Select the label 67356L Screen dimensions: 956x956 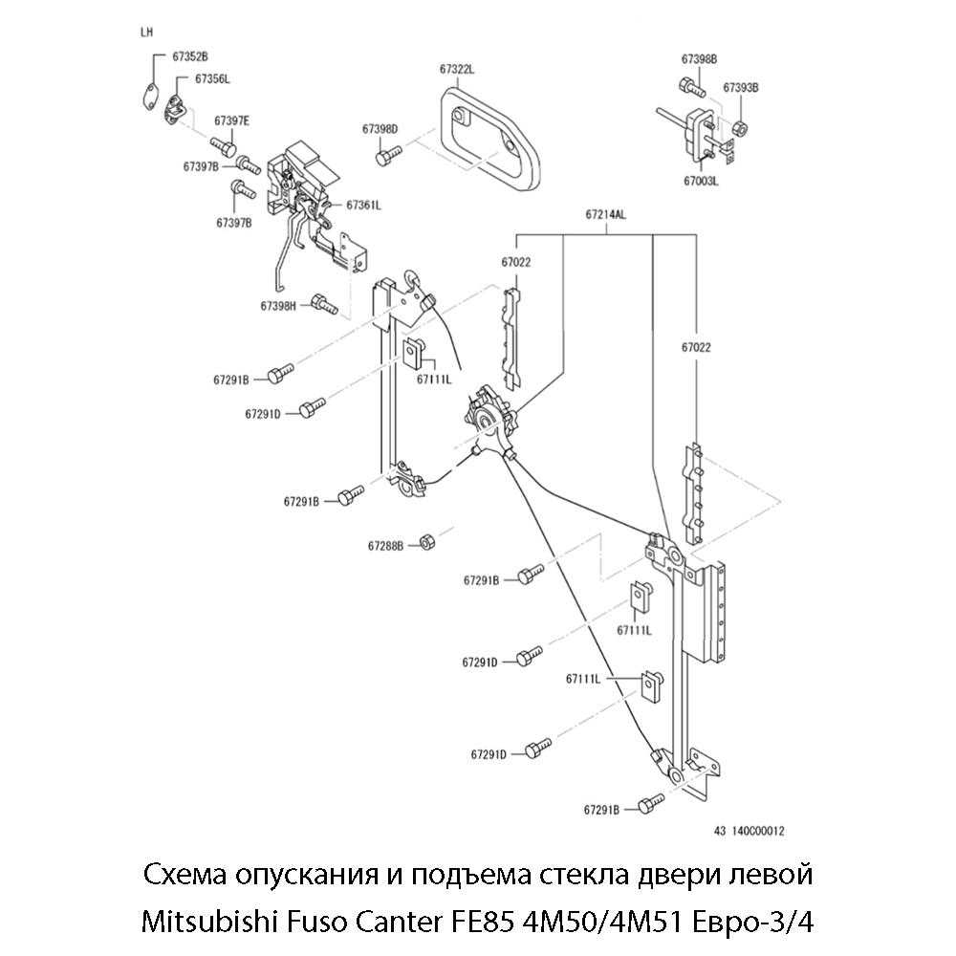click(x=212, y=78)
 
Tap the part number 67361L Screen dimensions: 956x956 click(x=363, y=205)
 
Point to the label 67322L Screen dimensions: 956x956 click(x=458, y=69)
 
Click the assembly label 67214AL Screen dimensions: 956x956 click(x=605, y=215)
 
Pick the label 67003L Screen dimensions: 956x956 click(x=701, y=180)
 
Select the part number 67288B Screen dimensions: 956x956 click(x=386, y=546)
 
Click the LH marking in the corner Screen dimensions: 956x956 click(x=146, y=32)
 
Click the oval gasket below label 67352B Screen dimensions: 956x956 click(x=148, y=95)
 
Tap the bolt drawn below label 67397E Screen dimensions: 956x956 click(x=225, y=148)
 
